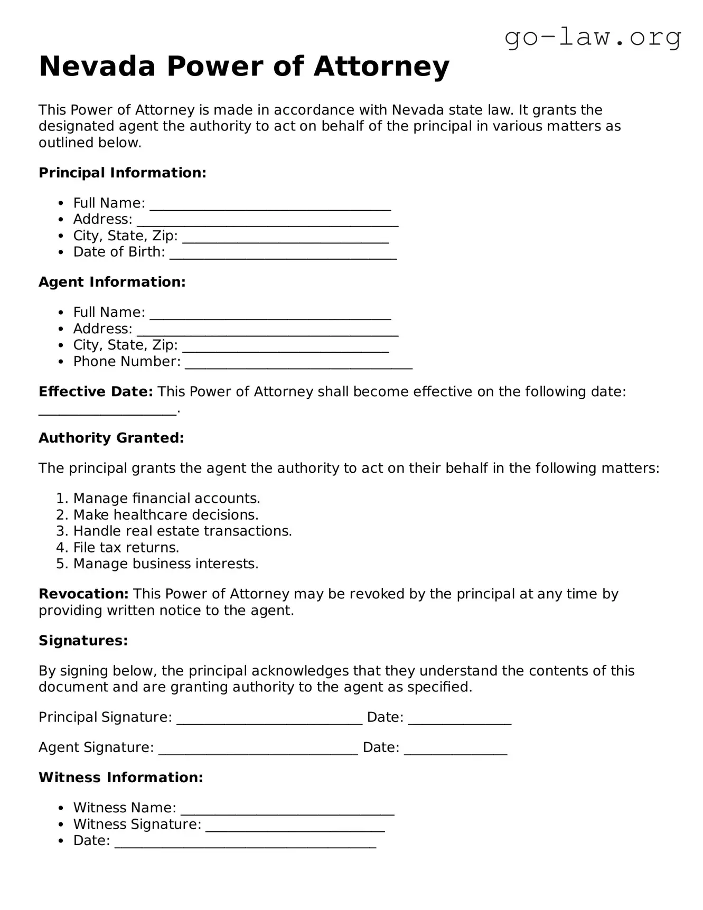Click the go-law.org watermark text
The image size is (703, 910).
click(x=593, y=38)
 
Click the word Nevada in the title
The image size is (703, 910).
click(x=97, y=67)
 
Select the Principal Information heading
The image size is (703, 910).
click(x=122, y=173)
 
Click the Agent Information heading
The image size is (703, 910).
click(x=112, y=282)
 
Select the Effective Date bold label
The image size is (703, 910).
click(x=96, y=392)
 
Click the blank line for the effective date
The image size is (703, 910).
click(x=107, y=411)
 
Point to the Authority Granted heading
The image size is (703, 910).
click(x=111, y=438)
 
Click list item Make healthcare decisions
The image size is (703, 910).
click(x=165, y=515)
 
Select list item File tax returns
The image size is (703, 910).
click(x=126, y=548)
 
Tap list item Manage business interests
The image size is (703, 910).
click(x=165, y=564)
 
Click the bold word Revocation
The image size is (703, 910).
click(x=83, y=594)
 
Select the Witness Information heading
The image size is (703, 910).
click(x=120, y=777)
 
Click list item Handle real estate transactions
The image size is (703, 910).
click(x=182, y=531)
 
